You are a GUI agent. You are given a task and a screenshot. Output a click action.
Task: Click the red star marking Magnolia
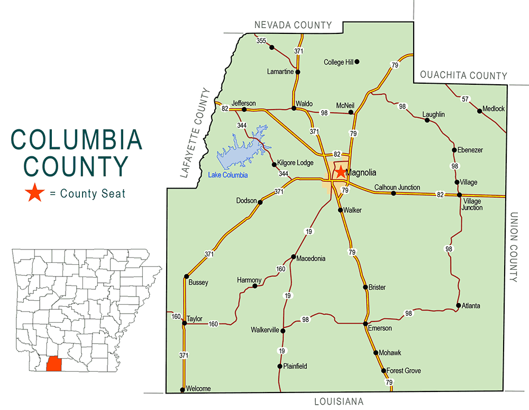340,172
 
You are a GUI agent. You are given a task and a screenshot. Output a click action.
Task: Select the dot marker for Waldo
294,108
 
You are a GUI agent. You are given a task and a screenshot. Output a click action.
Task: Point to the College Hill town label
338,62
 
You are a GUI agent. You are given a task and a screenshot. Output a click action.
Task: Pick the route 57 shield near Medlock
465,99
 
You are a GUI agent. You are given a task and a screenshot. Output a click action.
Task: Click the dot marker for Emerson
365,323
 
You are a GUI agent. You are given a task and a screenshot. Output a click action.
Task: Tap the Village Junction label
472,204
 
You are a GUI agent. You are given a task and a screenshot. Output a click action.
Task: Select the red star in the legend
35,193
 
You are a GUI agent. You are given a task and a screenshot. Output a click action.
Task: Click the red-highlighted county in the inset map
54,365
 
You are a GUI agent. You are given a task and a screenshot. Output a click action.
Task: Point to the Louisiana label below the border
338,401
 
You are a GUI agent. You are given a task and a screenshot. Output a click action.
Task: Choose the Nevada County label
293,25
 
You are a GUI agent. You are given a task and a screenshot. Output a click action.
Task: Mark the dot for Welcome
183,390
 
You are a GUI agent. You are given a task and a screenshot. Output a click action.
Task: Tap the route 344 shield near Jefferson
242,126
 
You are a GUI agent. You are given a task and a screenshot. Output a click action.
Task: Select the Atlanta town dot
458,305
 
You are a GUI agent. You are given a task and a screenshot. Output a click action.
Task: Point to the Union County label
516,247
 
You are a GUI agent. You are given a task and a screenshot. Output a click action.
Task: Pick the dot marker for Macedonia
293,257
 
